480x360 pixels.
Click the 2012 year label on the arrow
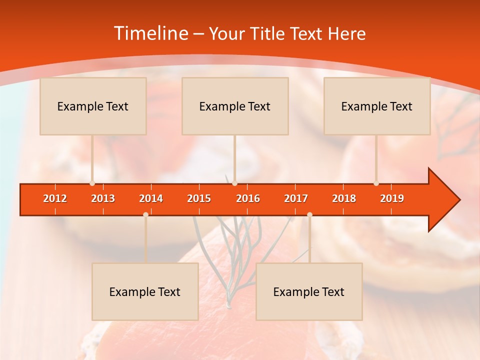(55, 198)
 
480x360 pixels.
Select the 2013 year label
(103, 198)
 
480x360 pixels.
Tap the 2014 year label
(151, 198)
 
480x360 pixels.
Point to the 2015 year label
(199, 198)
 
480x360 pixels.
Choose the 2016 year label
(248, 198)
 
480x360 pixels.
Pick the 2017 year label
(296, 198)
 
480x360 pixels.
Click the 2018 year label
(344, 198)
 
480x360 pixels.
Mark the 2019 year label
(392, 198)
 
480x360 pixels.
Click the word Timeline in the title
(150, 33)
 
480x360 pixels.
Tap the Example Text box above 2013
(93, 106)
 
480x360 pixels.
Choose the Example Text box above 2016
(235, 106)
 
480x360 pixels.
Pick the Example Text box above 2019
(377, 106)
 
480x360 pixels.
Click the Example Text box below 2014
(145, 291)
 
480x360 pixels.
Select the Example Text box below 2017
(309, 291)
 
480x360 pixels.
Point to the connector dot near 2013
(92, 183)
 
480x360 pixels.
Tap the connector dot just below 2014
(145, 214)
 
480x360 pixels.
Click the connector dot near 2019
(376, 183)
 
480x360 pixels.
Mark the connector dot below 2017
(309, 214)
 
